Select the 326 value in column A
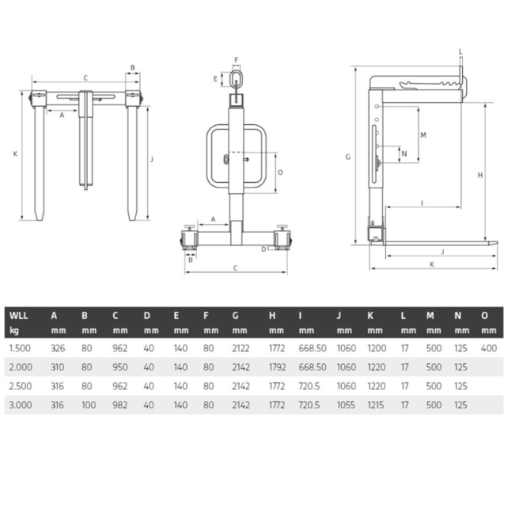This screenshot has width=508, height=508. click(x=57, y=347)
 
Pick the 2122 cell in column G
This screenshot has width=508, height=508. click(x=241, y=347)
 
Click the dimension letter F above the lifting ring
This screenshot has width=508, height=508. click(x=236, y=59)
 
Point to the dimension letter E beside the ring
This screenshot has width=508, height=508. click(x=214, y=78)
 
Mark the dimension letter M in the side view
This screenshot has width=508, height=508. click(x=423, y=135)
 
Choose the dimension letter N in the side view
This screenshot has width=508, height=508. click(x=404, y=153)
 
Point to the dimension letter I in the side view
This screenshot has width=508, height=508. click(x=422, y=203)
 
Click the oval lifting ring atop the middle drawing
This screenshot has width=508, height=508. click(x=236, y=79)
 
